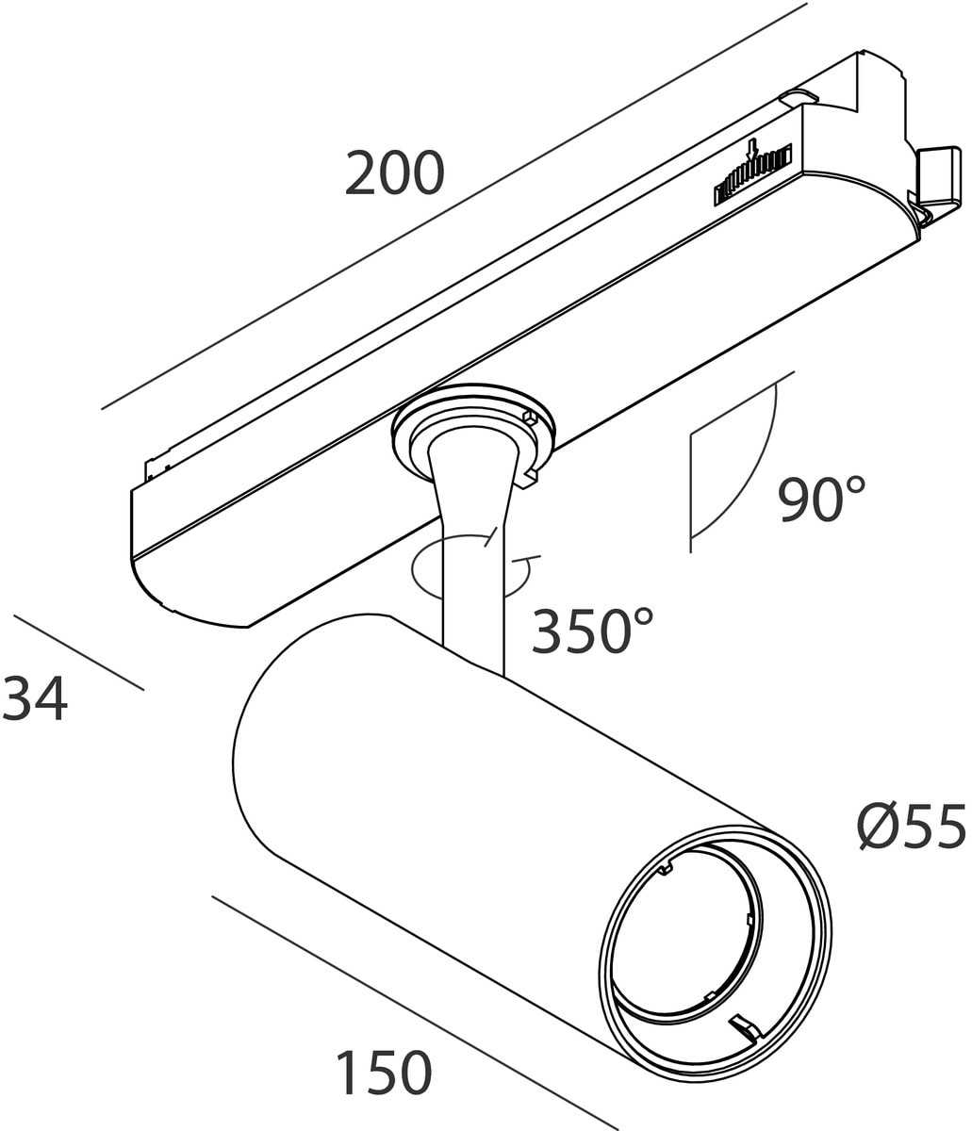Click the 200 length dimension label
(x=393, y=173)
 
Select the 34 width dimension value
(x=35, y=699)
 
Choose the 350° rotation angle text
(x=592, y=631)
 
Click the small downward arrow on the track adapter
(x=751, y=150)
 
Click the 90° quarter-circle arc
(x=754, y=471)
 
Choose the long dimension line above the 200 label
(x=453, y=207)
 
